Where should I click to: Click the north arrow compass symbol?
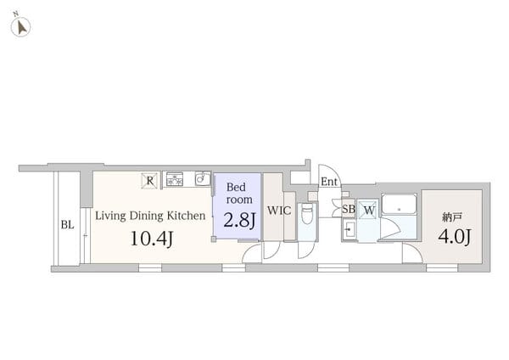(20, 26)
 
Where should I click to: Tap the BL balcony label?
(68, 224)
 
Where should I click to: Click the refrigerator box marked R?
(149, 181)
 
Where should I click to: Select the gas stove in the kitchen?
(175, 180)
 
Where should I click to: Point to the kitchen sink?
(203, 178)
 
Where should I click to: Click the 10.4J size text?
(152, 239)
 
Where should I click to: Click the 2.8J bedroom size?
(239, 220)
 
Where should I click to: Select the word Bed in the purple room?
(236, 187)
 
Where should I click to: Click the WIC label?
(279, 211)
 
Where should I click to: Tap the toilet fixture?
(307, 214)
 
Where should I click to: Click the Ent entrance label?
(329, 182)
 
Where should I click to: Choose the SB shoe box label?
(349, 209)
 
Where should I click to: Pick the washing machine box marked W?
(368, 209)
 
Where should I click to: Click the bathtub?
(399, 204)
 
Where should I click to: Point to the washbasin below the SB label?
(350, 230)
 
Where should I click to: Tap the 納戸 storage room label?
(452, 217)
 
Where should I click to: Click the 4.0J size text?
(455, 237)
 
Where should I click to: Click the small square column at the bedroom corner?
(213, 239)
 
